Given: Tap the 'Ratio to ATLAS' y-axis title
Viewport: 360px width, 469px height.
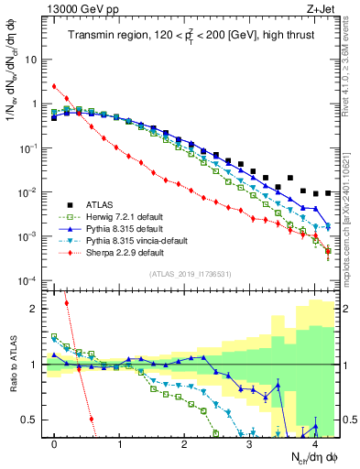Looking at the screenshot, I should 12,362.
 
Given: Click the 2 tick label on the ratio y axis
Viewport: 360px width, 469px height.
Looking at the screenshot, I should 35,309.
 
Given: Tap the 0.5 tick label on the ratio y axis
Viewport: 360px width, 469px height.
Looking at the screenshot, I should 31,420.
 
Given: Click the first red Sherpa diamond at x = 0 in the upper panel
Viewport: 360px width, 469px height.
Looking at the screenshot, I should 55,87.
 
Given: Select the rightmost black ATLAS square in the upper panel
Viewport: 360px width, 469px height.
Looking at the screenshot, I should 328,192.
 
